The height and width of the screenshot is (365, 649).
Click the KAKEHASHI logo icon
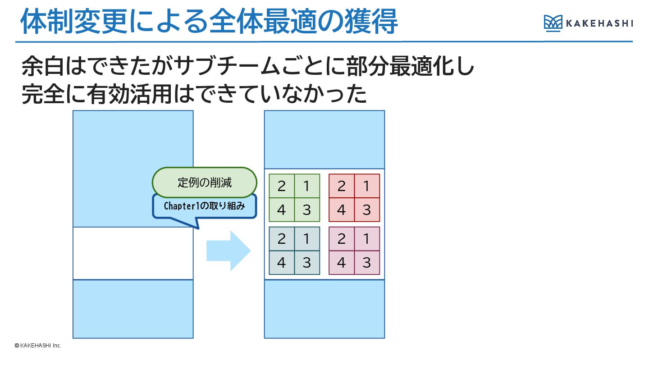553,23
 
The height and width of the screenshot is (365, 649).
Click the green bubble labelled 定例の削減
205,182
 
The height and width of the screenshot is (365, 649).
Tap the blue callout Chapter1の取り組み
204,206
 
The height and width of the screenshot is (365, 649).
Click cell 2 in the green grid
282,186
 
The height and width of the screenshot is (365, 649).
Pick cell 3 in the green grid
307,210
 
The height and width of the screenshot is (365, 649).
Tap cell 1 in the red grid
366,186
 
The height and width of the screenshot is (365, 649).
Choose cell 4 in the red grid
341,210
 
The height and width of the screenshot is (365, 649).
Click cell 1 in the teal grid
307,239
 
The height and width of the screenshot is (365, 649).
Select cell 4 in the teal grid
282,263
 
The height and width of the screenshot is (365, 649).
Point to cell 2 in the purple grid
341,239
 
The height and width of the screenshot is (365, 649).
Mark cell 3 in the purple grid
366,263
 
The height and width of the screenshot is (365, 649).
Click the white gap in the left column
133,253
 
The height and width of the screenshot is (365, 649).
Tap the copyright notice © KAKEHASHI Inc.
38,346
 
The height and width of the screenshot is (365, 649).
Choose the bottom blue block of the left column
133,309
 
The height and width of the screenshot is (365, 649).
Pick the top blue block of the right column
324,139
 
